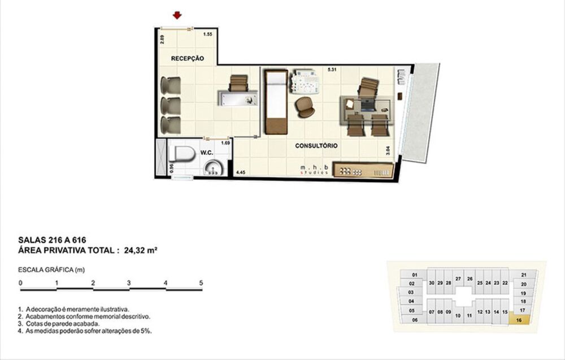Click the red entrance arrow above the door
(178, 15)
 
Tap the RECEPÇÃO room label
(187, 59)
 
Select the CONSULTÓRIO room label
(316, 146)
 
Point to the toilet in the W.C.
(182, 154)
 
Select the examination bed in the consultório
(275, 102)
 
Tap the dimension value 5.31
(332, 71)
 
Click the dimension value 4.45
(241, 172)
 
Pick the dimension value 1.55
(207, 34)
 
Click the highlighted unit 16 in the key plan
(519, 319)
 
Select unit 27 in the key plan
(458, 279)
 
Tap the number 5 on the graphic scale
(201, 283)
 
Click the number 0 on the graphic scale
(20, 283)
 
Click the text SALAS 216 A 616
(52, 240)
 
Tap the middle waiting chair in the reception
(170, 106)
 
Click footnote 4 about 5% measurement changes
(85, 330)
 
